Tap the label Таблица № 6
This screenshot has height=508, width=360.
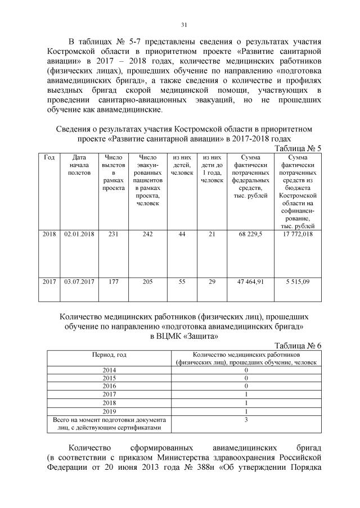click(x=297, y=346)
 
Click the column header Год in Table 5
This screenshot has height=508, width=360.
click(x=49, y=158)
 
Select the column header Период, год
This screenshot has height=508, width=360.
click(x=109, y=356)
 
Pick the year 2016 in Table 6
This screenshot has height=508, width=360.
click(x=109, y=387)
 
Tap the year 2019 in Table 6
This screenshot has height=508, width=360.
click(x=109, y=411)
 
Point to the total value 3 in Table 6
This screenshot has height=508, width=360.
click(x=246, y=420)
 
